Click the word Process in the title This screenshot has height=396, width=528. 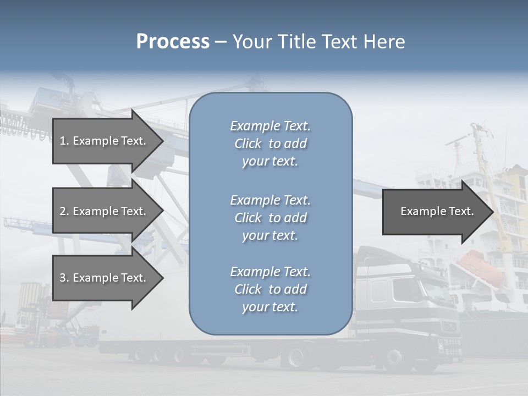173,42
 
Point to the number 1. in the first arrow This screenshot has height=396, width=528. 64,141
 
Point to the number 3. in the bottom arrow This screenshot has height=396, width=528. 64,278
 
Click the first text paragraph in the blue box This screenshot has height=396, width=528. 270,144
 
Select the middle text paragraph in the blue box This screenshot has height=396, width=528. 270,218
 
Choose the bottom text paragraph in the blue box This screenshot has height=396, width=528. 270,289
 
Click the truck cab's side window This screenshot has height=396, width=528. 380,290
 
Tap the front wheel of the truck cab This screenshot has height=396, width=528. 394,358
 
